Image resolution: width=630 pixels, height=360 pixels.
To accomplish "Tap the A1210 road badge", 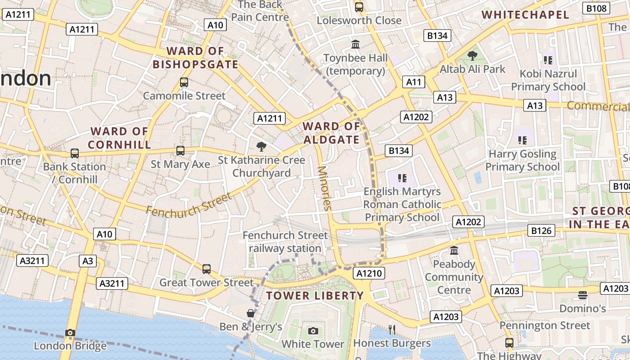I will pos(369,273).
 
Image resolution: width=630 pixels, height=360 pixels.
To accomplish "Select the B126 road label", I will pos(541,231).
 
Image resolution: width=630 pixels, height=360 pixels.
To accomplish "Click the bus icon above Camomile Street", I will pos(184,82).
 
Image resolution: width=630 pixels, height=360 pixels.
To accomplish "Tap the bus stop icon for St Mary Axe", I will pos(180,151).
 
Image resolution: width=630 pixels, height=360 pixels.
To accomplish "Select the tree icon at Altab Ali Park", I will pos(472,56).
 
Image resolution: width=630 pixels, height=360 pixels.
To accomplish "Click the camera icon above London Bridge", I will pos(70,333).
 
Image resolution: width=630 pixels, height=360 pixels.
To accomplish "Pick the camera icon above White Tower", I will pos(313,331).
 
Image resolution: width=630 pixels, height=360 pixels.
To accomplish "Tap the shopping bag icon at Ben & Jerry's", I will pos(251,313).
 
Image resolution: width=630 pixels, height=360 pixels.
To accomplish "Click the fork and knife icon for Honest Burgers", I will pos(392,330).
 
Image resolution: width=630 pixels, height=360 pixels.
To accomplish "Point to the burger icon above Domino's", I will pos(582,295).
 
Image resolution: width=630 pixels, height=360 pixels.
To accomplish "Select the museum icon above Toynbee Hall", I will pos(355,44).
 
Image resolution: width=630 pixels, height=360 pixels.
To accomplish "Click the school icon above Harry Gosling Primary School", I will pos(522,140).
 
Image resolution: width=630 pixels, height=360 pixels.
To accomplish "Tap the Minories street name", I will pos(324,188).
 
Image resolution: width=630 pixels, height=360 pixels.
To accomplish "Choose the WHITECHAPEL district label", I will pos(525,15).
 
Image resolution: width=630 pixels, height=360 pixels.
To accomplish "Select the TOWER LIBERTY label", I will pos(315,296).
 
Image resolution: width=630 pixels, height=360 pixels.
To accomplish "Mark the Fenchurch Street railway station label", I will pos(285,242).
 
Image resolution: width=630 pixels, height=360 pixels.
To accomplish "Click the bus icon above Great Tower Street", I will pos(206,269).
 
